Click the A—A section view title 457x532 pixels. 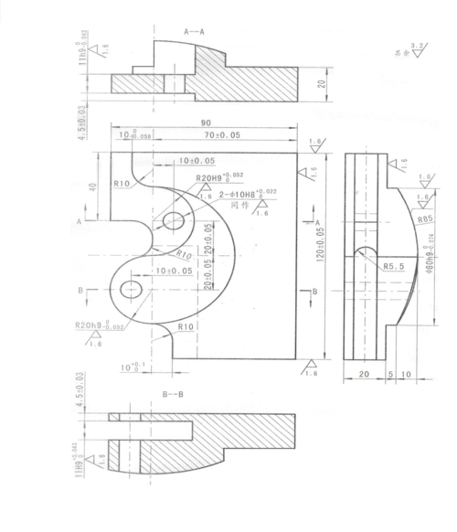(197, 30)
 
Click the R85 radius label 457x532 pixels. (423, 220)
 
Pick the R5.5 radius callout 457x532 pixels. (394, 268)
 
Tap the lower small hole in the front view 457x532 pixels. (131, 290)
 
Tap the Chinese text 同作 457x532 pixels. (241, 207)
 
